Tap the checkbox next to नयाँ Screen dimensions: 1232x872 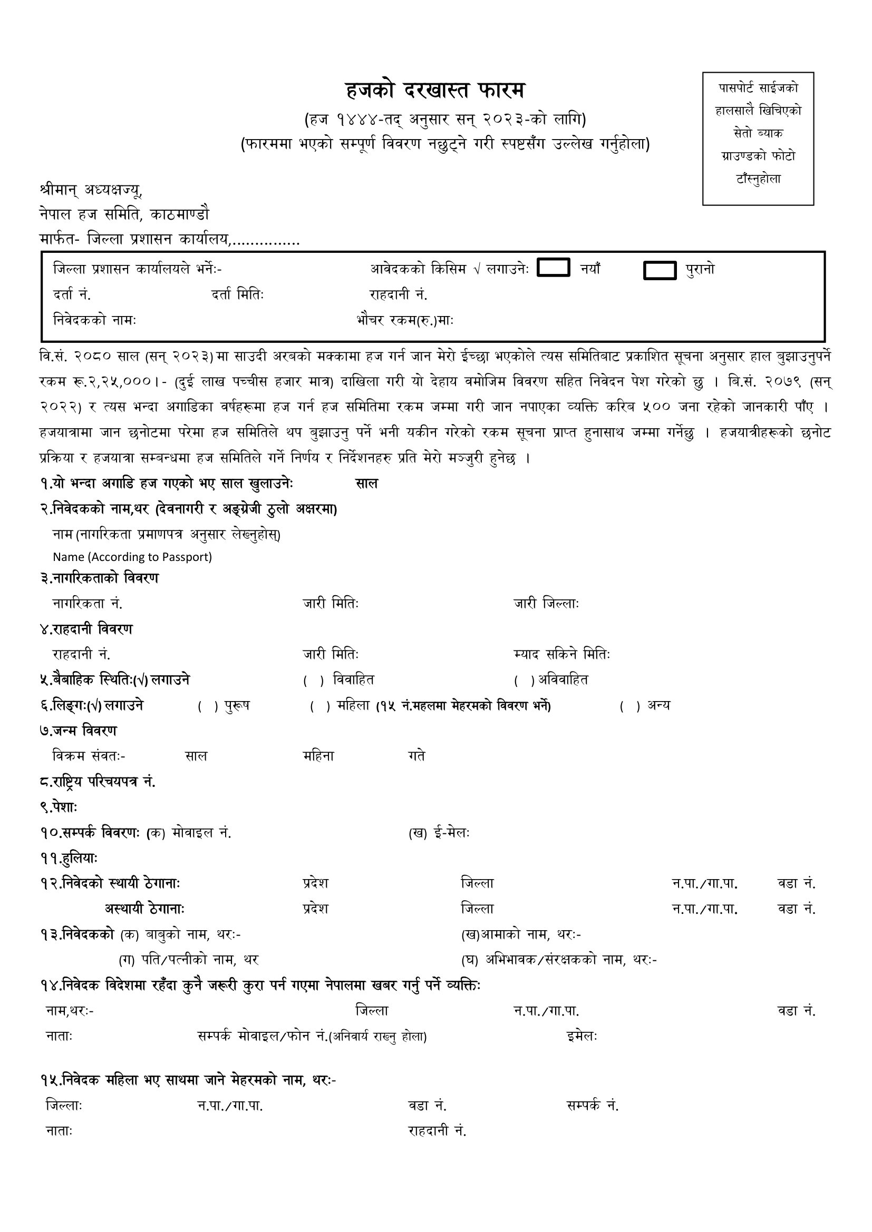(553, 267)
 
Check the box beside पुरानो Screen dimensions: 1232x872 (660, 270)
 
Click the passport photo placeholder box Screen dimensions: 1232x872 (758, 139)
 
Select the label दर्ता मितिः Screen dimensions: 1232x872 (237, 294)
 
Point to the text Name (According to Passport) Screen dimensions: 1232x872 (132, 557)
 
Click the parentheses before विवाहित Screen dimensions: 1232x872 (314, 681)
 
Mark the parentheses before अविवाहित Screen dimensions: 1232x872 (524, 681)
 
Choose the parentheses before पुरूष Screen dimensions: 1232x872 (208, 707)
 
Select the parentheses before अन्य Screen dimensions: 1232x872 (630, 707)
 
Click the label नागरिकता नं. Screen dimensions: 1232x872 (88, 604)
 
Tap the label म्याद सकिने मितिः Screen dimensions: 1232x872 (561, 655)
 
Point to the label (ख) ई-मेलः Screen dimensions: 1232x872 (439, 833)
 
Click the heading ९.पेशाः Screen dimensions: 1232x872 (59, 807)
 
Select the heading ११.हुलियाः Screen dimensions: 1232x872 (68, 859)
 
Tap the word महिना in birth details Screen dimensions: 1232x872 (318, 756)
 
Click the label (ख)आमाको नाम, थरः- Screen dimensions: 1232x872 (521, 935)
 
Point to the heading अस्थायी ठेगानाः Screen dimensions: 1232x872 (145, 909)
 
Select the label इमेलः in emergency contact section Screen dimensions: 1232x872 (582, 1037)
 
